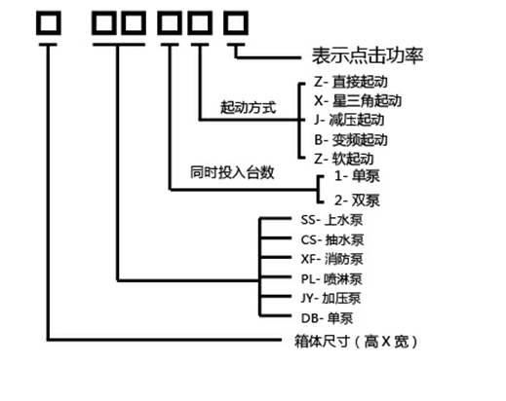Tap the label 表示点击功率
368,55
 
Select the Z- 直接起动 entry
351,82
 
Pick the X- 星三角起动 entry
358,101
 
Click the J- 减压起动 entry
349,120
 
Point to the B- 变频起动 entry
351,140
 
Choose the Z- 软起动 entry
344,159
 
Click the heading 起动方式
248,107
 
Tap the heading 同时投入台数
232,172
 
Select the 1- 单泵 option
357,176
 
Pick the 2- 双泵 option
357,200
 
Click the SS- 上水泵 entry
331,220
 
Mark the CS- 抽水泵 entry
332,240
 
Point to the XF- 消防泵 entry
331,259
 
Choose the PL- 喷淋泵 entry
331,279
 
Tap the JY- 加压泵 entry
331,299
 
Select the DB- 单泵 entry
327,318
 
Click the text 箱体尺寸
322,342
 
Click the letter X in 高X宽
386,342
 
